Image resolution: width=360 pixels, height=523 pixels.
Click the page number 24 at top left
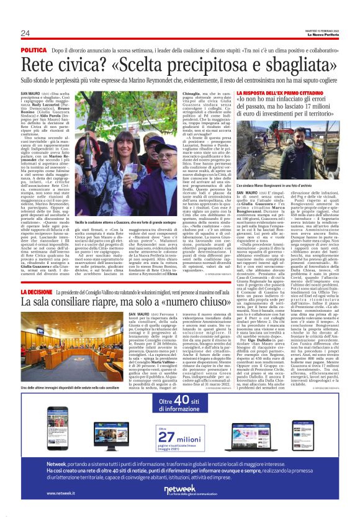[x=25, y=33]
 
